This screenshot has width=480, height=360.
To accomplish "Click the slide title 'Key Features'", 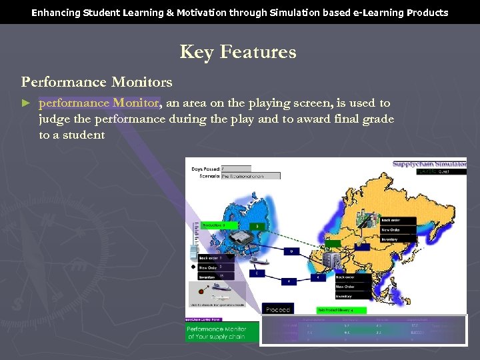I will click(238, 52).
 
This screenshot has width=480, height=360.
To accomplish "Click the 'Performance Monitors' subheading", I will click(97, 82).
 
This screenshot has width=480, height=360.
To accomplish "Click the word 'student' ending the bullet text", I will click(84, 135).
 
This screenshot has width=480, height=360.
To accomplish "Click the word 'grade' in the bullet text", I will click(377, 119).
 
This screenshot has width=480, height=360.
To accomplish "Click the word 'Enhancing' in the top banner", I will click(55, 13).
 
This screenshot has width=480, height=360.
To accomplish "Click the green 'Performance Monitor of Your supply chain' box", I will click(216, 333).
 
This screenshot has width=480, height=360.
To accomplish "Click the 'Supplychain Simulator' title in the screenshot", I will click(429, 164).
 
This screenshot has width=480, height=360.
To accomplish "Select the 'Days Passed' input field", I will click(236, 169).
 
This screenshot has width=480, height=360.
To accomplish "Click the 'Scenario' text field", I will click(250, 176).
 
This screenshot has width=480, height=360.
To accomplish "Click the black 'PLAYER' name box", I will click(441, 171).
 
